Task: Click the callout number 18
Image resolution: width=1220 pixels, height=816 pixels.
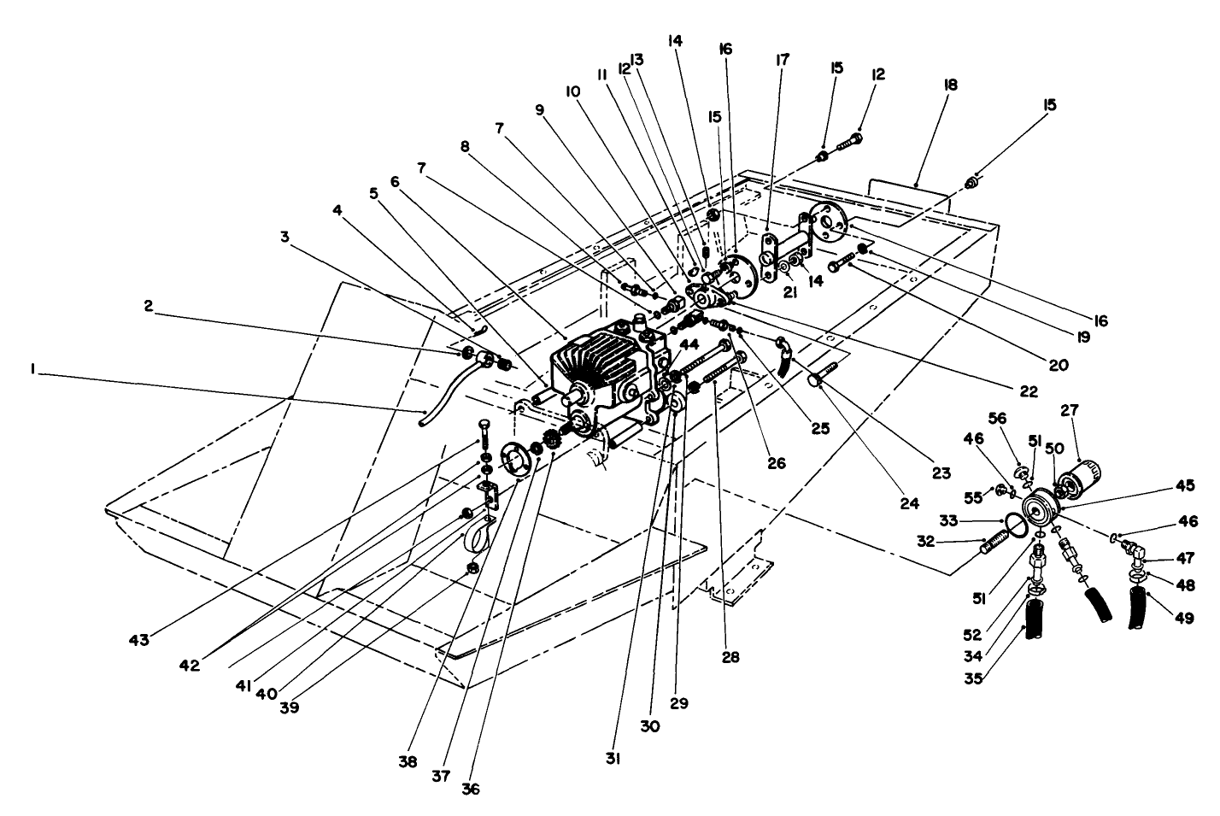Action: [x=951, y=85]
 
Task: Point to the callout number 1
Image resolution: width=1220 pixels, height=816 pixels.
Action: [x=32, y=369]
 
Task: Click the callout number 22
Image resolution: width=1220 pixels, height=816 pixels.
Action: [x=1028, y=392]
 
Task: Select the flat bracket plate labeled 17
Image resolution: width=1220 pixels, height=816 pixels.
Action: [x=772, y=255]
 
